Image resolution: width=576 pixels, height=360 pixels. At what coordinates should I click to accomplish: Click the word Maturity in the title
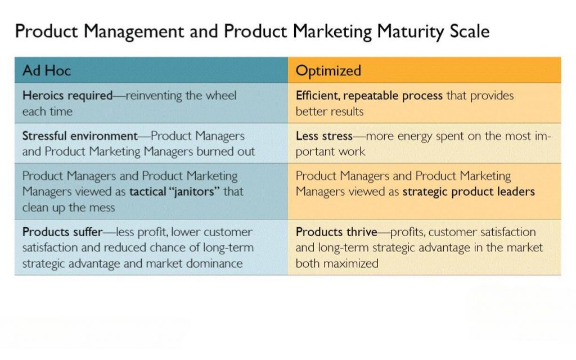410,31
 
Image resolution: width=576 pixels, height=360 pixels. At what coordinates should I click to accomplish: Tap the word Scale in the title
470,31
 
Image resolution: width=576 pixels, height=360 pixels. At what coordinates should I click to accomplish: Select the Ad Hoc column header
46,70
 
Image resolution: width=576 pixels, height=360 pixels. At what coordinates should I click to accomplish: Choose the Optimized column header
328,71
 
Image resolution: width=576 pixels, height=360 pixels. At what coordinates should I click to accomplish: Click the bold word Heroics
43,96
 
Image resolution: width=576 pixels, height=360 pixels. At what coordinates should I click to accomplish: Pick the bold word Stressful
44,136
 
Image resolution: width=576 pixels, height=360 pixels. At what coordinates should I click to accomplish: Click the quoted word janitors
193,191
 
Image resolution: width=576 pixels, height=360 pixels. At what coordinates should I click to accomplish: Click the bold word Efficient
318,96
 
